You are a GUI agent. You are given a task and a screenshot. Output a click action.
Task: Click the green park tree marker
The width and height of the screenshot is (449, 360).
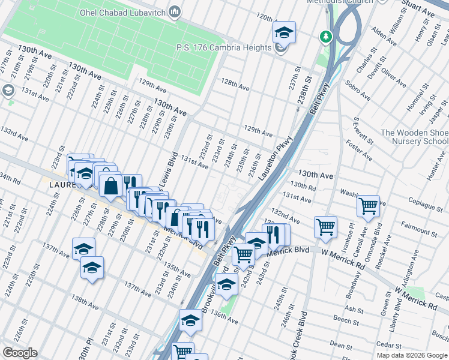pos(326,37)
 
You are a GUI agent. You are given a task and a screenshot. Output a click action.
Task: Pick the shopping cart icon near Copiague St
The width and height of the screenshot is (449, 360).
pos(368,206)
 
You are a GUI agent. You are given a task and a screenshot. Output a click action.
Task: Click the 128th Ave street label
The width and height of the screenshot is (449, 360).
pos(235,87)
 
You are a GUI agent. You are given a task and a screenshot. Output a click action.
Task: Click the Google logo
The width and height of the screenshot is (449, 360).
pos(20,353)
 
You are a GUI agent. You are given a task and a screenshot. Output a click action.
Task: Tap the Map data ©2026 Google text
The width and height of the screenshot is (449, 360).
pos(411,355)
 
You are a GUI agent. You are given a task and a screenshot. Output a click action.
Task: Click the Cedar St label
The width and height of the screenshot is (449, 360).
pos(390,345)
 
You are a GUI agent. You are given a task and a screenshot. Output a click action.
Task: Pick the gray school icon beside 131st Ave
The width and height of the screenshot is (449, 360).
pos(8,91)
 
